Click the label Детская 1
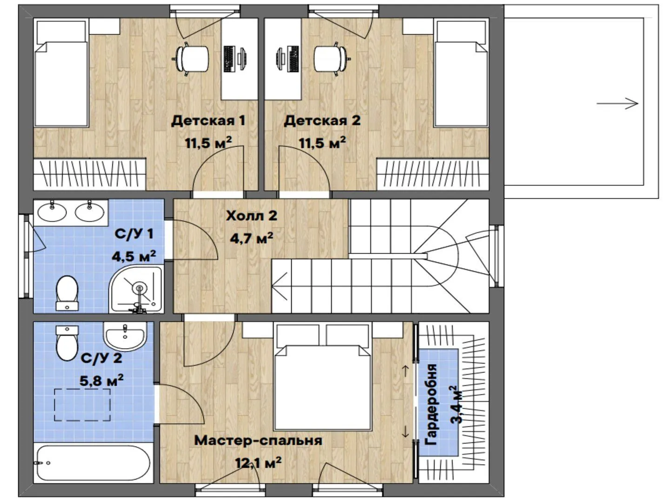(x=208, y=121)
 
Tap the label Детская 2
(x=322, y=121)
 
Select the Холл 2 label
(x=252, y=216)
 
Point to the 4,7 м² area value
(x=252, y=238)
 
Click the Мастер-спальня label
(x=258, y=441)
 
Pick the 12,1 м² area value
(x=258, y=463)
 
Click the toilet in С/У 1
(x=67, y=293)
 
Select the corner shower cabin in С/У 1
(x=136, y=289)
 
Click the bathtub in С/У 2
(x=93, y=463)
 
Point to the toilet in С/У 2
(x=67, y=343)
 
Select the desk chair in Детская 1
(x=192, y=59)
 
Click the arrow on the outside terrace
(x=617, y=103)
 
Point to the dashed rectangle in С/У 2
(x=82, y=405)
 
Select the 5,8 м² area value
(x=101, y=380)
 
